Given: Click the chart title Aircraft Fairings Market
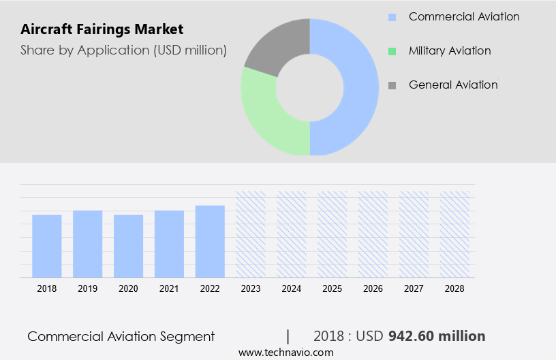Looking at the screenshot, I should click(102, 30).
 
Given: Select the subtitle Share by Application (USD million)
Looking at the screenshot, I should click(123, 50).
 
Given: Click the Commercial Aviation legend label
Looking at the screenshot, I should click(463, 16).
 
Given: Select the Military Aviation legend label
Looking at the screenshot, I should click(450, 50).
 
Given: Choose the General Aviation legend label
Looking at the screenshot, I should click(453, 85).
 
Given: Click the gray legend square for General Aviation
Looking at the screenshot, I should click(392, 85).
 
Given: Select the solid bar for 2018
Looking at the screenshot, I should click(47, 246).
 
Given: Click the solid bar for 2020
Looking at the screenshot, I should click(128, 246).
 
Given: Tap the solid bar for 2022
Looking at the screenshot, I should click(210, 241).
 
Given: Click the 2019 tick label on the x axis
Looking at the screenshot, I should click(87, 288).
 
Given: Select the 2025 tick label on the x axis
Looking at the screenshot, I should click(332, 288).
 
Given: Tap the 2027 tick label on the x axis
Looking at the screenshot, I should click(414, 288).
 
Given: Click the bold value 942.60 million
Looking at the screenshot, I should click(437, 336).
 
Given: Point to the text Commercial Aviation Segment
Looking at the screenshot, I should click(121, 336).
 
